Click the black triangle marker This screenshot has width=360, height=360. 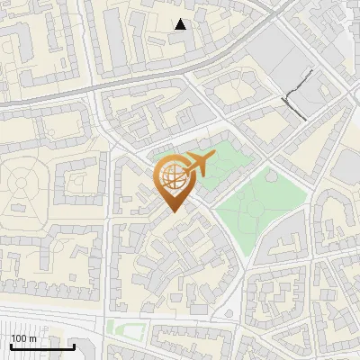pos(181,24)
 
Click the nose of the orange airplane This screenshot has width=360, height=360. pos(214,157)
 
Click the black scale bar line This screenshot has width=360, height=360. pos(42,346)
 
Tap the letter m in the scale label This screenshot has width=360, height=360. pos(33,339)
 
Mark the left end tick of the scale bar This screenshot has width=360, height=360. pos(11,346)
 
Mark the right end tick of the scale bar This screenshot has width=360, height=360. pos(74,346)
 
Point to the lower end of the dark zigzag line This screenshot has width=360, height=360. pos(305,119)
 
